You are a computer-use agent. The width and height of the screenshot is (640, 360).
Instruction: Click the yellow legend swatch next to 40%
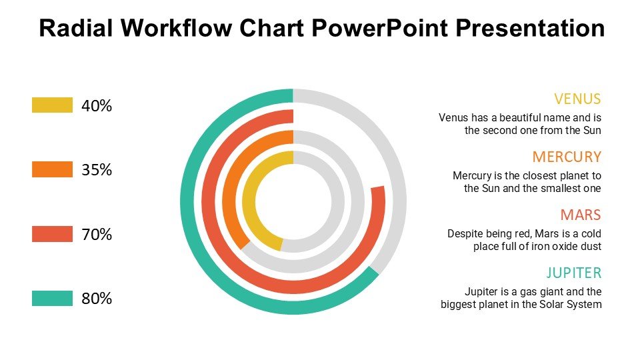pyautogui.click(x=52, y=105)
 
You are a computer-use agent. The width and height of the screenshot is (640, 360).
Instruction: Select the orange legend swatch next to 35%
pyautogui.click(x=52, y=169)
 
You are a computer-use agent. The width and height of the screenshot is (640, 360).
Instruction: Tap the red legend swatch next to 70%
pyautogui.click(x=52, y=234)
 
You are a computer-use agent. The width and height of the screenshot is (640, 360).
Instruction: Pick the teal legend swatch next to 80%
pyautogui.click(x=52, y=299)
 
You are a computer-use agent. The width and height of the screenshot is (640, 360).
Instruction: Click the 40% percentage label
pyautogui.click(x=97, y=106)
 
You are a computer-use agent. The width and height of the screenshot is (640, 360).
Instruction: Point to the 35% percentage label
pyautogui.click(x=97, y=170)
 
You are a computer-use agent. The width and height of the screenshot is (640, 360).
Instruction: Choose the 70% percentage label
pyautogui.click(x=97, y=234)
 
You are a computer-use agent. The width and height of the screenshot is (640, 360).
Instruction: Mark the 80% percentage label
pyautogui.click(x=97, y=299)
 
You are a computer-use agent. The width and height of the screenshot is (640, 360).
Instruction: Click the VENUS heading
pyautogui.click(x=577, y=99)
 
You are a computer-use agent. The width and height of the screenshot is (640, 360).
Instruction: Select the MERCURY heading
pyautogui.click(x=567, y=157)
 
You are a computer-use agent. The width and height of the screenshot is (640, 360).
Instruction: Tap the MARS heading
pyautogui.click(x=581, y=215)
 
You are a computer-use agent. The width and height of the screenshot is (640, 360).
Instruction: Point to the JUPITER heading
pyautogui.click(x=574, y=273)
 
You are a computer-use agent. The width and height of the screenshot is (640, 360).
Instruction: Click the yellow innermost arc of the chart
pyautogui.click(x=249, y=201)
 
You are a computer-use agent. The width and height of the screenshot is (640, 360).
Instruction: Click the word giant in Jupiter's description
pyautogui.click(x=531, y=291)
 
